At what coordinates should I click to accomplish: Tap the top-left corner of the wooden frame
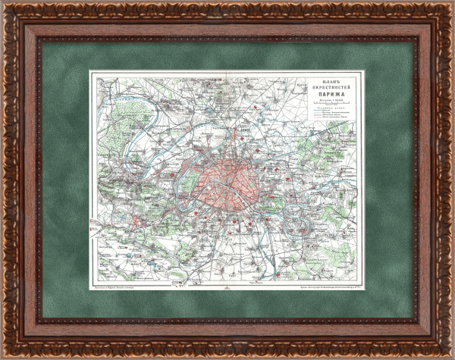coord(6,6)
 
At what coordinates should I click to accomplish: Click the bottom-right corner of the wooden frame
coord(448,354)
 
